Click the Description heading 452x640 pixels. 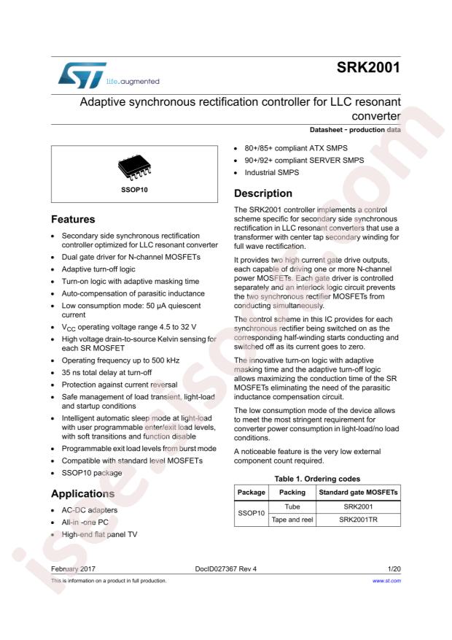click(x=262, y=193)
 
